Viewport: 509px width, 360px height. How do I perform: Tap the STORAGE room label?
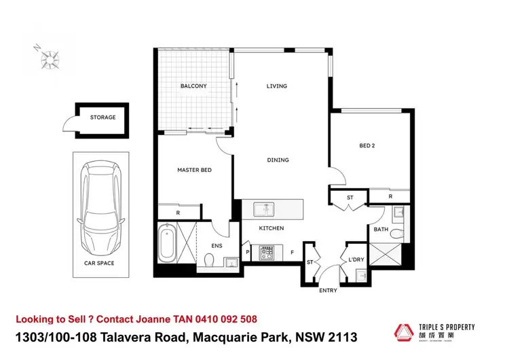pyautogui.click(x=102, y=118)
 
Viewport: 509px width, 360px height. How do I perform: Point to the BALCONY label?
pyautogui.click(x=193, y=86)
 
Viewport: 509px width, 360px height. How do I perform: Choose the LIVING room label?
pyautogui.click(x=276, y=86)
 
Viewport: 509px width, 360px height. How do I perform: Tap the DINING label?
pyautogui.click(x=278, y=160)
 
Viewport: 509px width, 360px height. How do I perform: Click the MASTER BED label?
pyautogui.click(x=195, y=170)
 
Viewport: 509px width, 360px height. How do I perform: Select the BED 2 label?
pyautogui.click(x=367, y=145)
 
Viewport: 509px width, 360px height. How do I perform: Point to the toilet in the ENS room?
pyautogui.click(x=209, y=259)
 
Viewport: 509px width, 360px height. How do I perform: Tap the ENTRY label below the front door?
pyautogui.click(x=328, y=291)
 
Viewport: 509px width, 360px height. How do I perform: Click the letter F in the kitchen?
pyautogui.click(x=292, y=253)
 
